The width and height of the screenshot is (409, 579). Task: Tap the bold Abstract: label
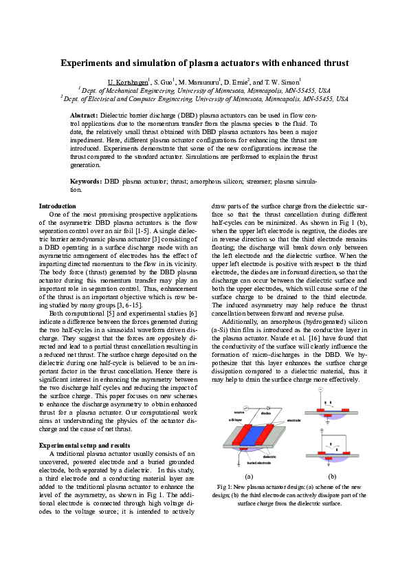tap(86, 116)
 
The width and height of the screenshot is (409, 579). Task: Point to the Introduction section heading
tap(58, 206)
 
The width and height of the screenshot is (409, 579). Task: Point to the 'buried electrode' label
tap(259, 465)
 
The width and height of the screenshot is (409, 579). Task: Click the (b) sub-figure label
tap(332, 475)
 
